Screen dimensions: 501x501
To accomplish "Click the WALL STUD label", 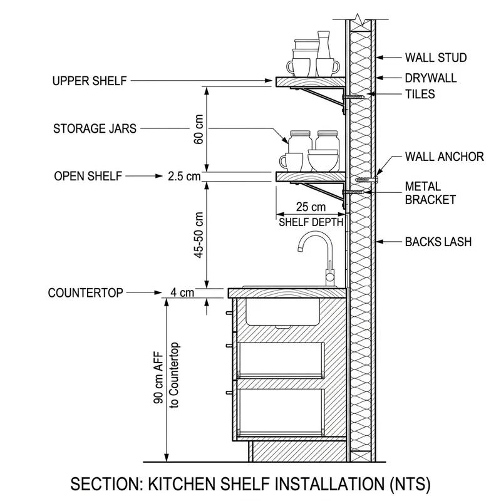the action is click(x=436, y=58).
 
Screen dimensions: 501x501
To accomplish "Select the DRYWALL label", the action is click(x=431, y=78).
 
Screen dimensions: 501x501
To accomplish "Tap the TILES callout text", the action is click(x=420, y=95).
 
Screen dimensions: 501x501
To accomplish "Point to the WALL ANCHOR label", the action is click(x=445, y=157).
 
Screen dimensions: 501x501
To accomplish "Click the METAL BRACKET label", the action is click(x=430, y=193).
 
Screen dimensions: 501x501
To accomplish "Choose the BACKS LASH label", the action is click(x=438, y=242).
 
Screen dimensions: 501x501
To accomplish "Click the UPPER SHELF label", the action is click(x=90, y=81).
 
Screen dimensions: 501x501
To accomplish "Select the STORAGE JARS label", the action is click(x=95, y=128).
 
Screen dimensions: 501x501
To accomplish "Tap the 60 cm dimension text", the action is click(x=199, y=130).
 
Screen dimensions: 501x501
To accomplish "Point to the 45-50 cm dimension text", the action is click(x=199, y=235).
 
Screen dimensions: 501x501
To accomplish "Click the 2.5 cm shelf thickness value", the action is click(x=184, y=177).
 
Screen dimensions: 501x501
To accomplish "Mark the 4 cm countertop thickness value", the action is click(x=182, y=292).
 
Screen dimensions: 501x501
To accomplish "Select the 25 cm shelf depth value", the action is click(x=311, y=207).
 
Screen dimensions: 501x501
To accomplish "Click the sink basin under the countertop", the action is click(x=282, y=312).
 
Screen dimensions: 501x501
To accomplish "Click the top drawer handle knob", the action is click(x=229, y=313).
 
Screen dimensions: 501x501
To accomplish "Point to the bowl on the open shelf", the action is click(x=323, y=161).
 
